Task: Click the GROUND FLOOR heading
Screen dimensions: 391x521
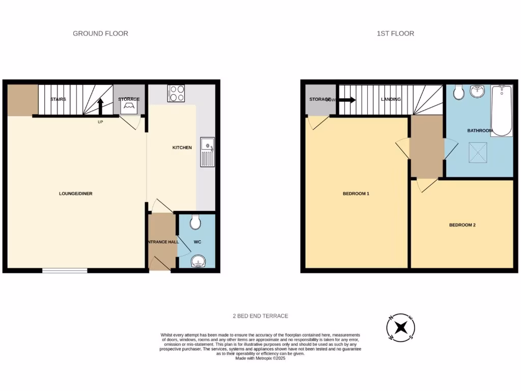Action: (100, 34)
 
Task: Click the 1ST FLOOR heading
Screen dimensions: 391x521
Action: (395, 34)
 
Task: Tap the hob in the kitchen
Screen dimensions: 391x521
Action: (177, 93)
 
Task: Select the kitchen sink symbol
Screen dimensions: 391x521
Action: (208, 152)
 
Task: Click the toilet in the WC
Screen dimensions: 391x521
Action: (195, 222)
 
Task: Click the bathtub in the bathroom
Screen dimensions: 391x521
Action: (502, 110)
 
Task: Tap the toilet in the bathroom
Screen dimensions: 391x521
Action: (458, 92)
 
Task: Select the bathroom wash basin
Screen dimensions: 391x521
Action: (477, 91)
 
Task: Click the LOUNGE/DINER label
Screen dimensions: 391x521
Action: (75, 193)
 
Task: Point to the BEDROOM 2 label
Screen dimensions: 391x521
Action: (462, 225)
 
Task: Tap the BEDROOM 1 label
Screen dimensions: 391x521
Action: (356, 193)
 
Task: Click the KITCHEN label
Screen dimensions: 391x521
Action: (182, 148)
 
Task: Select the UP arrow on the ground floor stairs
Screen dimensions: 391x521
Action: (100, 107)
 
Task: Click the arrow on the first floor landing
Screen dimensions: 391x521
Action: (348, 100)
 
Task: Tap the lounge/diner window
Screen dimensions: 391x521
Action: (65, 270)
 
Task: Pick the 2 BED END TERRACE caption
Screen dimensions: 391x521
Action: (260, 316)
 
